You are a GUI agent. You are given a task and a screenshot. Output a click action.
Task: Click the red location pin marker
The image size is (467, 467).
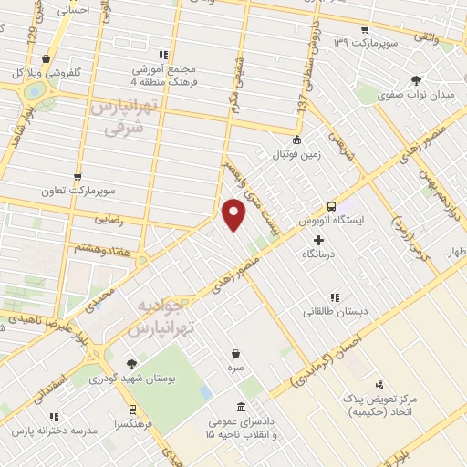coord(234,213)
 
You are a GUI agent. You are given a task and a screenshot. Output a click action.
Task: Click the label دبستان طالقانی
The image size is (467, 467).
coord(337,311)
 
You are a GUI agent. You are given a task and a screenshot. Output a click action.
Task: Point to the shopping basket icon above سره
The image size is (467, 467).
coord(236,353)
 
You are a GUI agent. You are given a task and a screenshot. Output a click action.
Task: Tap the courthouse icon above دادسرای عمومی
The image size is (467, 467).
coord(240,407)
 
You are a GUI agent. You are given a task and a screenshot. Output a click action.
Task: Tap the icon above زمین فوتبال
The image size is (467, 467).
coord(296,140)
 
